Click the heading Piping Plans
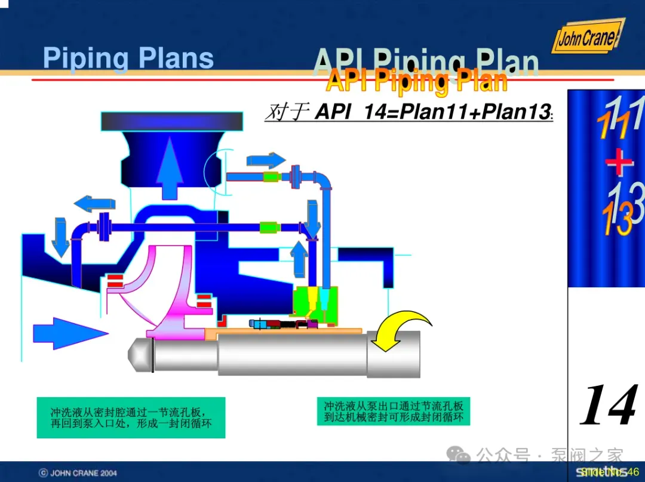pyautogui.click(x=128, y=59)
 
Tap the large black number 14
pyautogui.click(x=608, y=406)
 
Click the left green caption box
pyautogui.click(x=131, y=417)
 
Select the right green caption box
pyautogui.click(x=394, y=411)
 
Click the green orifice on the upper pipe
pyautogui.click(x=272, y=177)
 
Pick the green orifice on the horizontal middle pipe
pyautogui.click(x=269, y=227)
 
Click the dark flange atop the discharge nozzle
pyautogui.click(x=172, y=121)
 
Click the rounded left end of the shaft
pyautogui.click(x=140, y=355)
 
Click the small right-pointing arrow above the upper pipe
pyautogui.click(x=266, y=160)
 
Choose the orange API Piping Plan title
pyautogui.click(x=417, y=81)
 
